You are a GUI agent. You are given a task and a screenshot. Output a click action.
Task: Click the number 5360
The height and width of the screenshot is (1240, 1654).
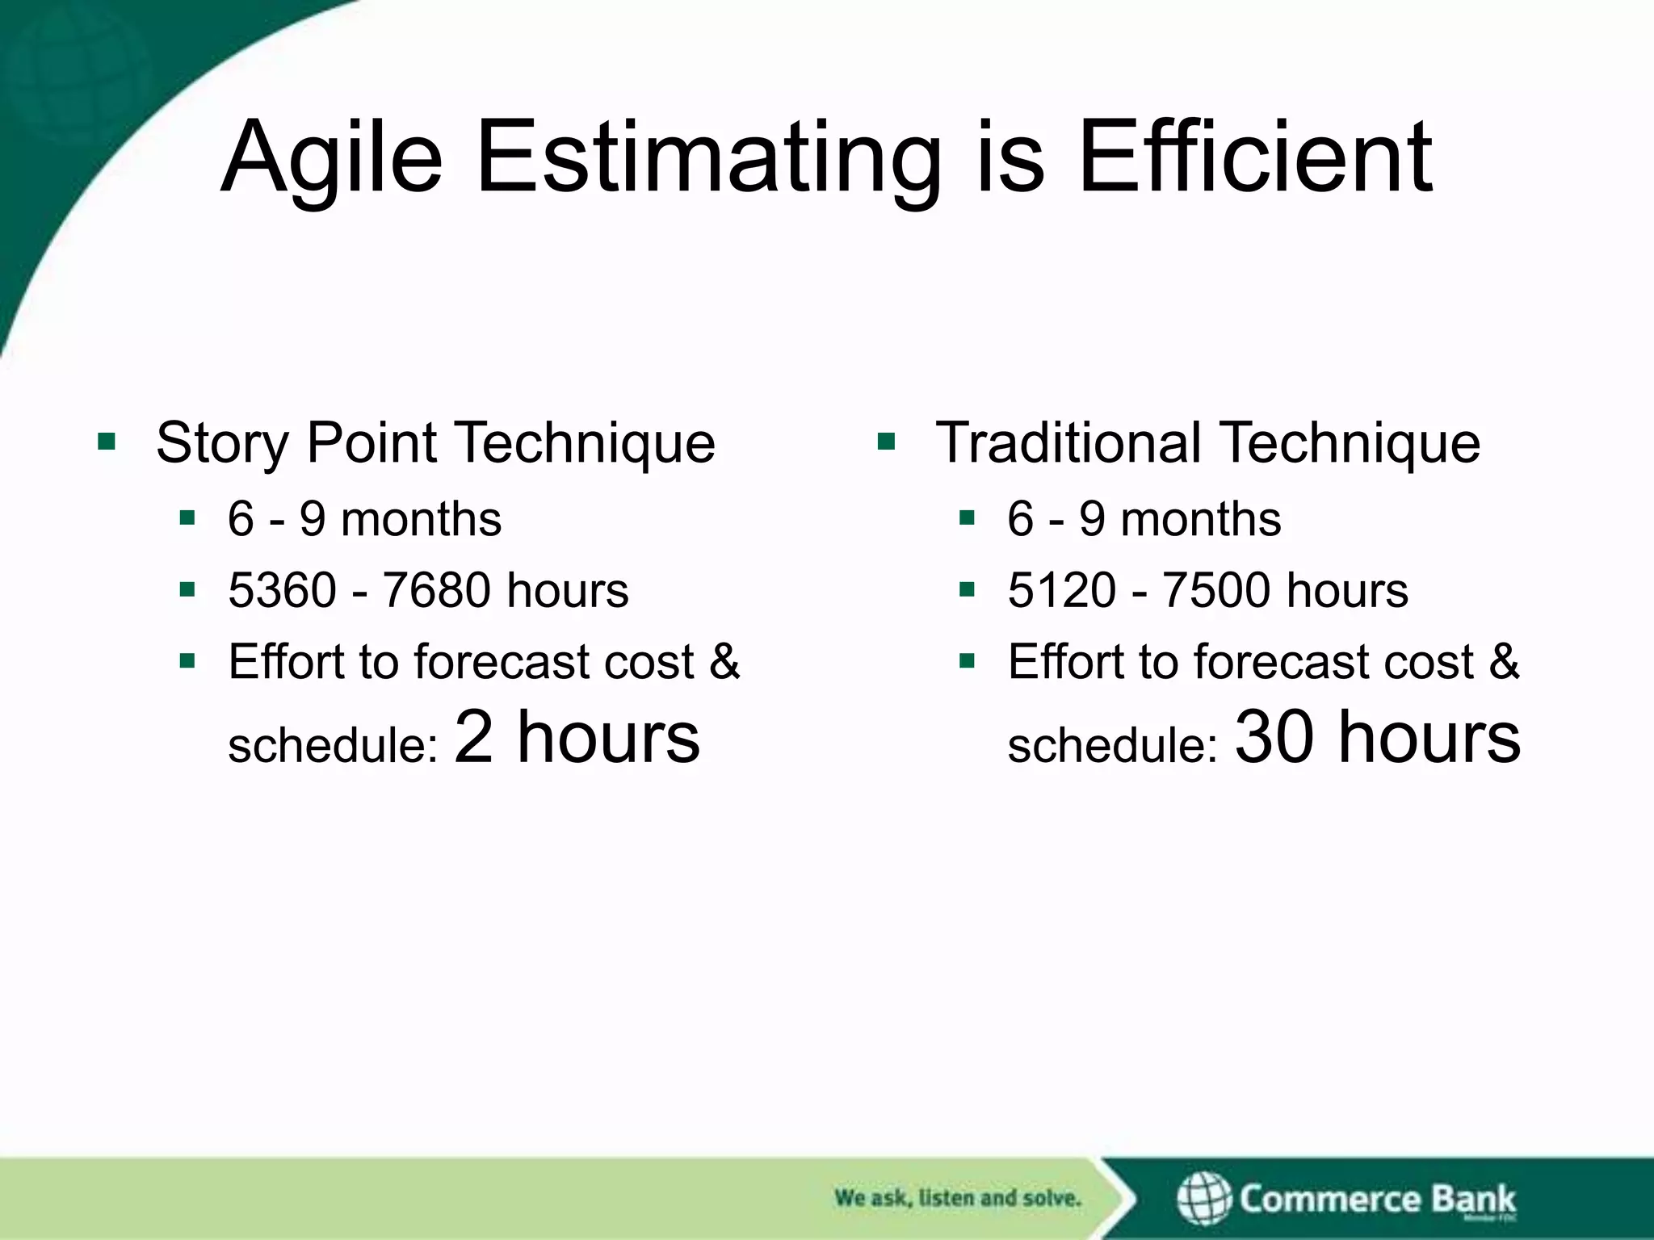pyautogui.click(x=282, y=590)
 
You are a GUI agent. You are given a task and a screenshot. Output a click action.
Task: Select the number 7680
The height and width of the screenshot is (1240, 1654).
pyautogui.click(x=436, y=590)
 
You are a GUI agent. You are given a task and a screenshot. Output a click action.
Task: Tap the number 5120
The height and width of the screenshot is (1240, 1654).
pyautogui.click(x=1062, y=590)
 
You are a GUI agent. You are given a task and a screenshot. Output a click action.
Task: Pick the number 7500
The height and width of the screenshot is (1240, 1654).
pyautogui.click(x=1215, y=590)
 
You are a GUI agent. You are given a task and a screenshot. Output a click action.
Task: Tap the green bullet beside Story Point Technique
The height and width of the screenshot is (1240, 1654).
pyautogui.click(x=107, y=442)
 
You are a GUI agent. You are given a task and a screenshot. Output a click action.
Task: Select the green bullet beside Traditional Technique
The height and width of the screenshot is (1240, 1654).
pyautogui.click(x=886, y=442)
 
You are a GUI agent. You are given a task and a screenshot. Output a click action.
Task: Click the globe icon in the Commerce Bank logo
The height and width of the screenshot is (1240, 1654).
pyautogui.click(x=1203, y=1198)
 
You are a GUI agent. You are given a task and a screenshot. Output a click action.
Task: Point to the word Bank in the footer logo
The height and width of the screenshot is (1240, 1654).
pyautogui.click(x=1473, y=1198)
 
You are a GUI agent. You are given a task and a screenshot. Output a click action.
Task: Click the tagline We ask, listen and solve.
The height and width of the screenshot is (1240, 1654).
pyautogui.click(x=957, y=1198)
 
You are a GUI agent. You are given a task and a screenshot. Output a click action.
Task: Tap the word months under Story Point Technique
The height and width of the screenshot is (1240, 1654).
pyautogui.click(x=421, y=519)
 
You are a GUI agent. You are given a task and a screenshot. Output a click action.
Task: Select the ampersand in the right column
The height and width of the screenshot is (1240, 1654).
pyautogui.click(x=1504, y=661)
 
